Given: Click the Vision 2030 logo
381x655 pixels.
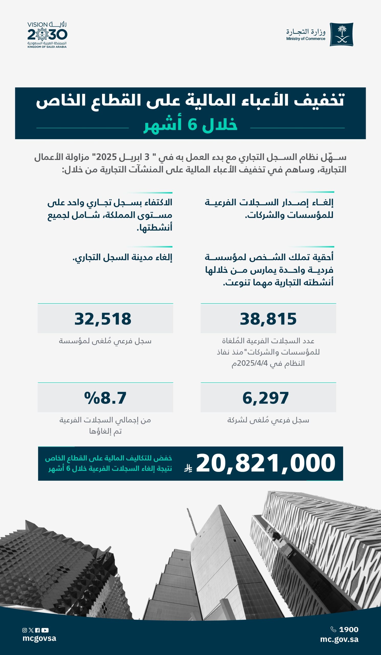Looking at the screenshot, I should (47, 35).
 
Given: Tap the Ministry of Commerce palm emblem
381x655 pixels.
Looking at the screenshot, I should (341, 34).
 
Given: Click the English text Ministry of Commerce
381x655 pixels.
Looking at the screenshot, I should (306, 39).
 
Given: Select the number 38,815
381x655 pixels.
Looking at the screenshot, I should (268, 319).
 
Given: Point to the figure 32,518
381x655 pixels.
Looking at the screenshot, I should (103, 319).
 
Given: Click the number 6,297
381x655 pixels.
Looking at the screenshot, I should (266, 398).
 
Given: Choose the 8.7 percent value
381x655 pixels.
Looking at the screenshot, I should (105, 398).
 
